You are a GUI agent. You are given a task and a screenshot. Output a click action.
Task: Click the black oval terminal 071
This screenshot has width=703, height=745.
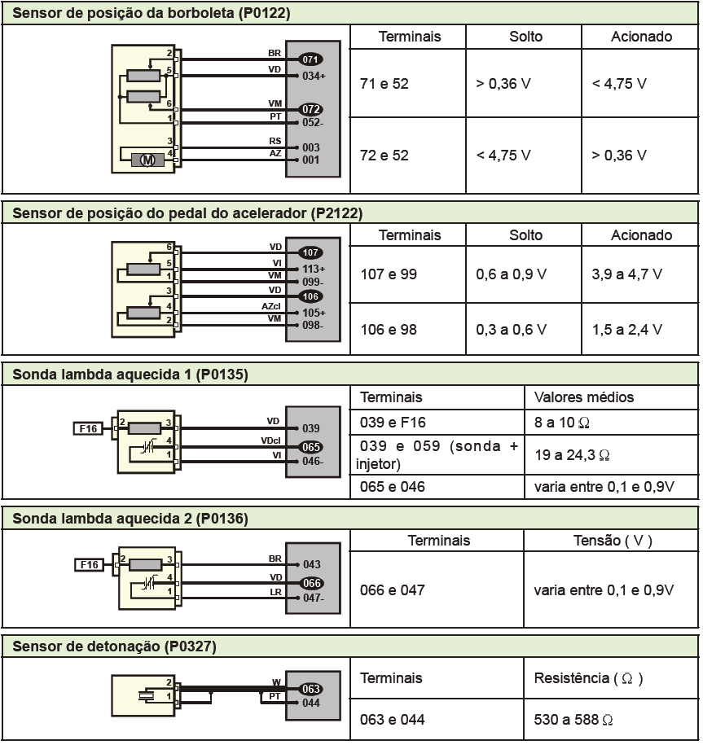point(310,59)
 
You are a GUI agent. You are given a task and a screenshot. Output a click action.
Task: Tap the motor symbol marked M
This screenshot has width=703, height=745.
point(147,160)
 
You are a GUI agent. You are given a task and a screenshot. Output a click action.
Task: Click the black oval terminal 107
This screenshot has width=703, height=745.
point(310,252)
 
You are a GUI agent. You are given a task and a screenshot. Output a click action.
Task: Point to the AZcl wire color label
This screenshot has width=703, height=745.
point(271,306)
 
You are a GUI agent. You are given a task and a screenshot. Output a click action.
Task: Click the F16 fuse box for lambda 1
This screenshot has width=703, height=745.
point(88,428)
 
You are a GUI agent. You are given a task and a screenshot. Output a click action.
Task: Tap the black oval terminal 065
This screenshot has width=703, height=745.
point(311,447)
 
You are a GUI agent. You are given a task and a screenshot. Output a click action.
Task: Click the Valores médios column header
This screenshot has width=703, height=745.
point(584,397)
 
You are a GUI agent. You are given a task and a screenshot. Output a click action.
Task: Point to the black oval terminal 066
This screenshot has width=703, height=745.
point(311,583)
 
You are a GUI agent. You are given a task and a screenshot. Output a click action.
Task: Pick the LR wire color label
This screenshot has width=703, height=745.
point(275,592)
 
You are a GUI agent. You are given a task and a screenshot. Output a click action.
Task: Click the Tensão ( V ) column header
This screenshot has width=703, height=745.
point(613,540)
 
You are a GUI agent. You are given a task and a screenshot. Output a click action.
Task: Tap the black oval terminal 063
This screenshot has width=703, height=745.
point(311,689)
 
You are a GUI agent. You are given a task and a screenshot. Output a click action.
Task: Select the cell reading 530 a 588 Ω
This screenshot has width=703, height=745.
point(573,719)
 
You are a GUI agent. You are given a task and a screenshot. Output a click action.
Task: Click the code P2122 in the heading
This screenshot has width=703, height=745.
point(336,213)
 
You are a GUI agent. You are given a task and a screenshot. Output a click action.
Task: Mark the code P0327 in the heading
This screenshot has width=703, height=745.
point(191,646)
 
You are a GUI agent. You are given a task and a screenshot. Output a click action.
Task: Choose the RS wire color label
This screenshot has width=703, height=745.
point(275,141)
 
